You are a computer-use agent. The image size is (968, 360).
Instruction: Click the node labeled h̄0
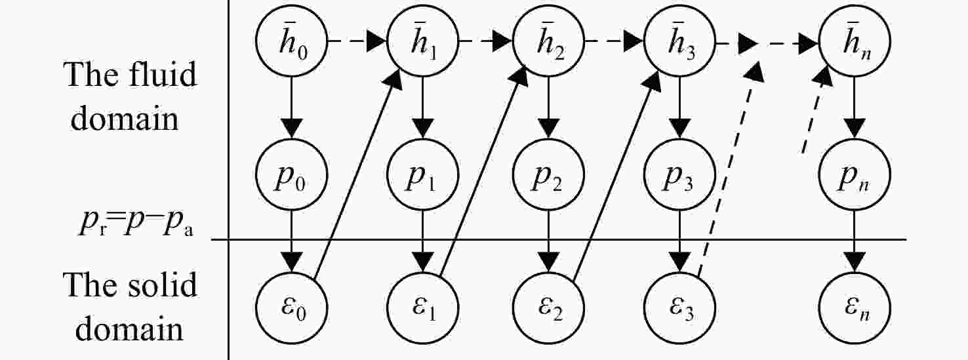point(292,41)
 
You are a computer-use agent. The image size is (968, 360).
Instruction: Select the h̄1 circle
point(422,41)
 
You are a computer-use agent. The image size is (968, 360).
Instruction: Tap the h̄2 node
point(549,41)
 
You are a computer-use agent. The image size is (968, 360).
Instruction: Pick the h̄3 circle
point(679,41)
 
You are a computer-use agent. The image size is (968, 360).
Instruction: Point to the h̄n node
point(855,41)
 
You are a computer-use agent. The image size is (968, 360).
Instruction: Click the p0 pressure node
point(292,174)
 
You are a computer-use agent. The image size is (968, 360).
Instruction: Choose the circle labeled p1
point(422,174)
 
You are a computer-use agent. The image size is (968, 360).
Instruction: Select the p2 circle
point(549,174)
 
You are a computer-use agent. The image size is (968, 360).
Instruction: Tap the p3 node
point(679,174)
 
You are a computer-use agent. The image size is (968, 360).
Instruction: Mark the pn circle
point(855,174)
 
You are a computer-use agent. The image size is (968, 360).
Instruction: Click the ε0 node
point(292,308)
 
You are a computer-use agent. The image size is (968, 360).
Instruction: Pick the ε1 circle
point(422,308)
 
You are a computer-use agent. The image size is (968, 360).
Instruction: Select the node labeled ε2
point(549,308)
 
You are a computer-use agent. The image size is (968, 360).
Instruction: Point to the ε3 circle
point(679,308)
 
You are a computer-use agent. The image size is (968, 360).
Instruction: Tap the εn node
point(855,308)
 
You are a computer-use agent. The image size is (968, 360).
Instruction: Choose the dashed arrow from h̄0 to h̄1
point(357,41)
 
